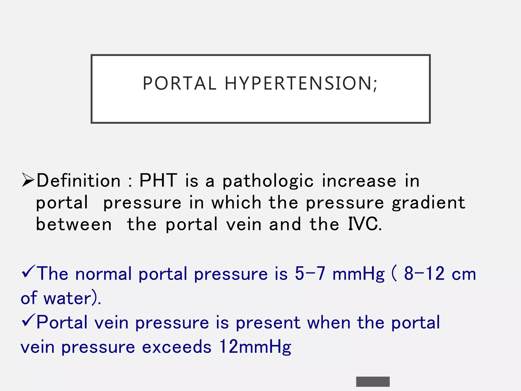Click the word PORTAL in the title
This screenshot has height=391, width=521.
pos(179,83)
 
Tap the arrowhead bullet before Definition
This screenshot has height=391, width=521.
pos(28,180)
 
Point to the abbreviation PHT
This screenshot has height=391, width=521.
pos(158,180)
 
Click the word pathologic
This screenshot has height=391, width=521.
pos(268,181)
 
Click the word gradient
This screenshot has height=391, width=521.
pos(428,203)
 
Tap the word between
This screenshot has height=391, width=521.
pos(74,225)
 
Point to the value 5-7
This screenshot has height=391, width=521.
pos(310,274)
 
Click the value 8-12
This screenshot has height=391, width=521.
pos(424,274)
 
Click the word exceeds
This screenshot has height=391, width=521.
pos(177,347)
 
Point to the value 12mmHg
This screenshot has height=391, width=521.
pos(255,347)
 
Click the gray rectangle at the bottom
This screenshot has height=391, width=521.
pos(373,382)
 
